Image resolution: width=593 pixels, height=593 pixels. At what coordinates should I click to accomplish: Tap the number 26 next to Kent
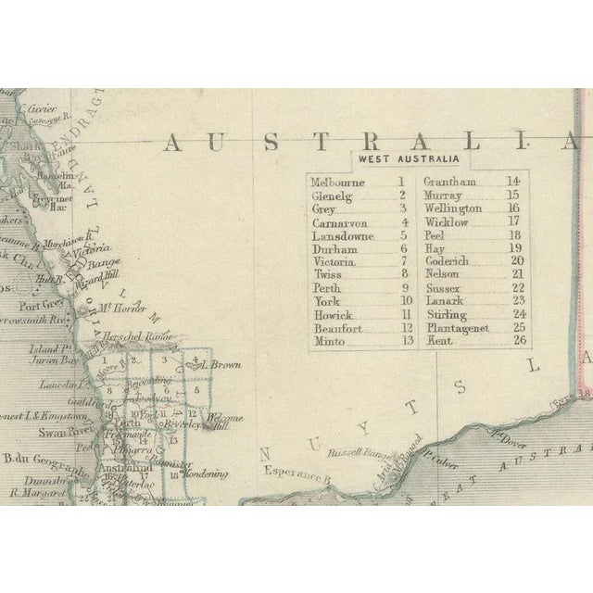click(518, 340)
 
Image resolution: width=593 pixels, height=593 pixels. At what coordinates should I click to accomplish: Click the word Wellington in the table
click(452, 208)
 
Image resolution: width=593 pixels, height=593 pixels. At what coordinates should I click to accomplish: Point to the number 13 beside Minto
click(403, 340)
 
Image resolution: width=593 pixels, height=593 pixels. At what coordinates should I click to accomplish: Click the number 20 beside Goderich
click(517, 261)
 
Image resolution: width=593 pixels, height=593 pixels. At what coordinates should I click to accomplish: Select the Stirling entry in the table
click(445, 314)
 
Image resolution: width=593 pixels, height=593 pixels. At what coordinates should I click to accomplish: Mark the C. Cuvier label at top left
click(40, 107)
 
